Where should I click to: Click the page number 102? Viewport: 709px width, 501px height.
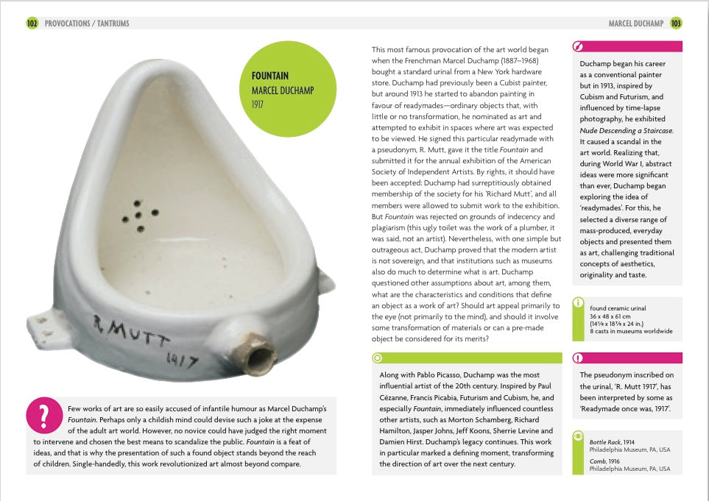pyautogui.click(x=32, y=24)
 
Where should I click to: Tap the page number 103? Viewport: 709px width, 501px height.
pyautogui.click(x=676, y=24)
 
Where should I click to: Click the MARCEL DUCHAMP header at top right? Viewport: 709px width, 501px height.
pyautogui.click(x=637, y=24)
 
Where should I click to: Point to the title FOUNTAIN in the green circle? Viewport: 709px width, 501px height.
pyautogui.click(x=270, y=76)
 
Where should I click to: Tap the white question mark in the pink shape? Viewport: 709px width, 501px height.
pyautogui.click(x=43, y=415)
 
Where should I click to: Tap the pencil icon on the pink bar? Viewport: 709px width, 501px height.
pyautogui.click(x=579, y=46)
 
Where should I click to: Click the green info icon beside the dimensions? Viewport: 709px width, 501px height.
pyautogui.click(x=579, y=302)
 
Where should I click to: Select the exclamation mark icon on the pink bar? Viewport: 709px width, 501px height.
pyautogui.click(x=579, y=358)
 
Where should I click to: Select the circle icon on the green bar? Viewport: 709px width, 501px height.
pyautogui.click(x=378, y=358)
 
